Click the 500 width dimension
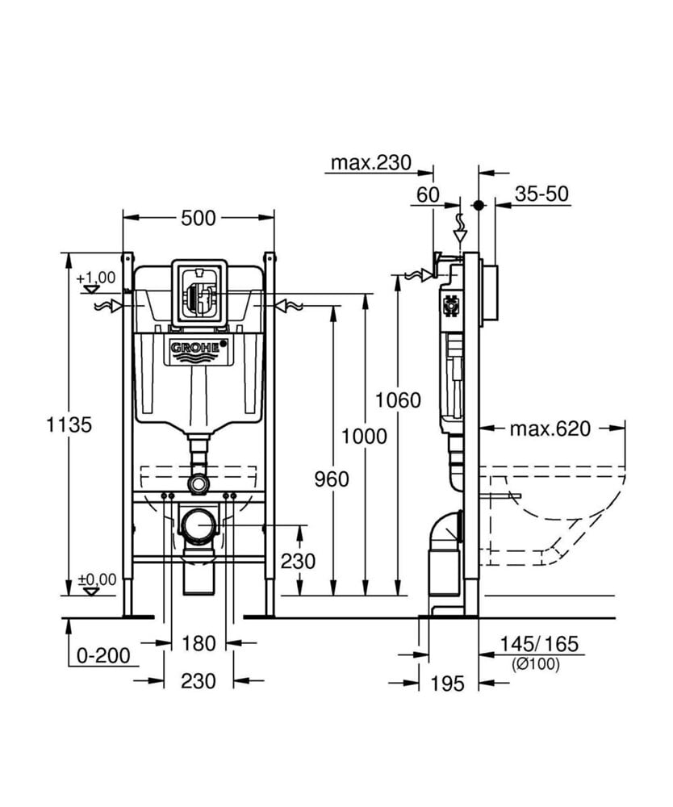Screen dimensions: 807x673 point(199,218)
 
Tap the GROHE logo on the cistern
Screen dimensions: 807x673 point(198,348)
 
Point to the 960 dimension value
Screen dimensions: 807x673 point(332,479)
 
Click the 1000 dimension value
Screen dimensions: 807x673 point(364,437)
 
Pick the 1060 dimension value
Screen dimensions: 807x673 point(399,399)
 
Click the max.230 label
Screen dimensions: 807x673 point(371,162)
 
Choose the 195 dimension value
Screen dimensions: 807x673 point(448,684)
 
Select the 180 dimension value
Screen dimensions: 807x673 point(199,643)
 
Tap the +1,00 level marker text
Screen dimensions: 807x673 point(96,278)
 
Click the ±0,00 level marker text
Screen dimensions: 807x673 point(96,579)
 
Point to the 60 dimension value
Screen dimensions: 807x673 point(428,194)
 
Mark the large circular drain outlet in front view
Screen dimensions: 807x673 point(198,528)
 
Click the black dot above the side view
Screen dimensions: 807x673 point(479,206)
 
